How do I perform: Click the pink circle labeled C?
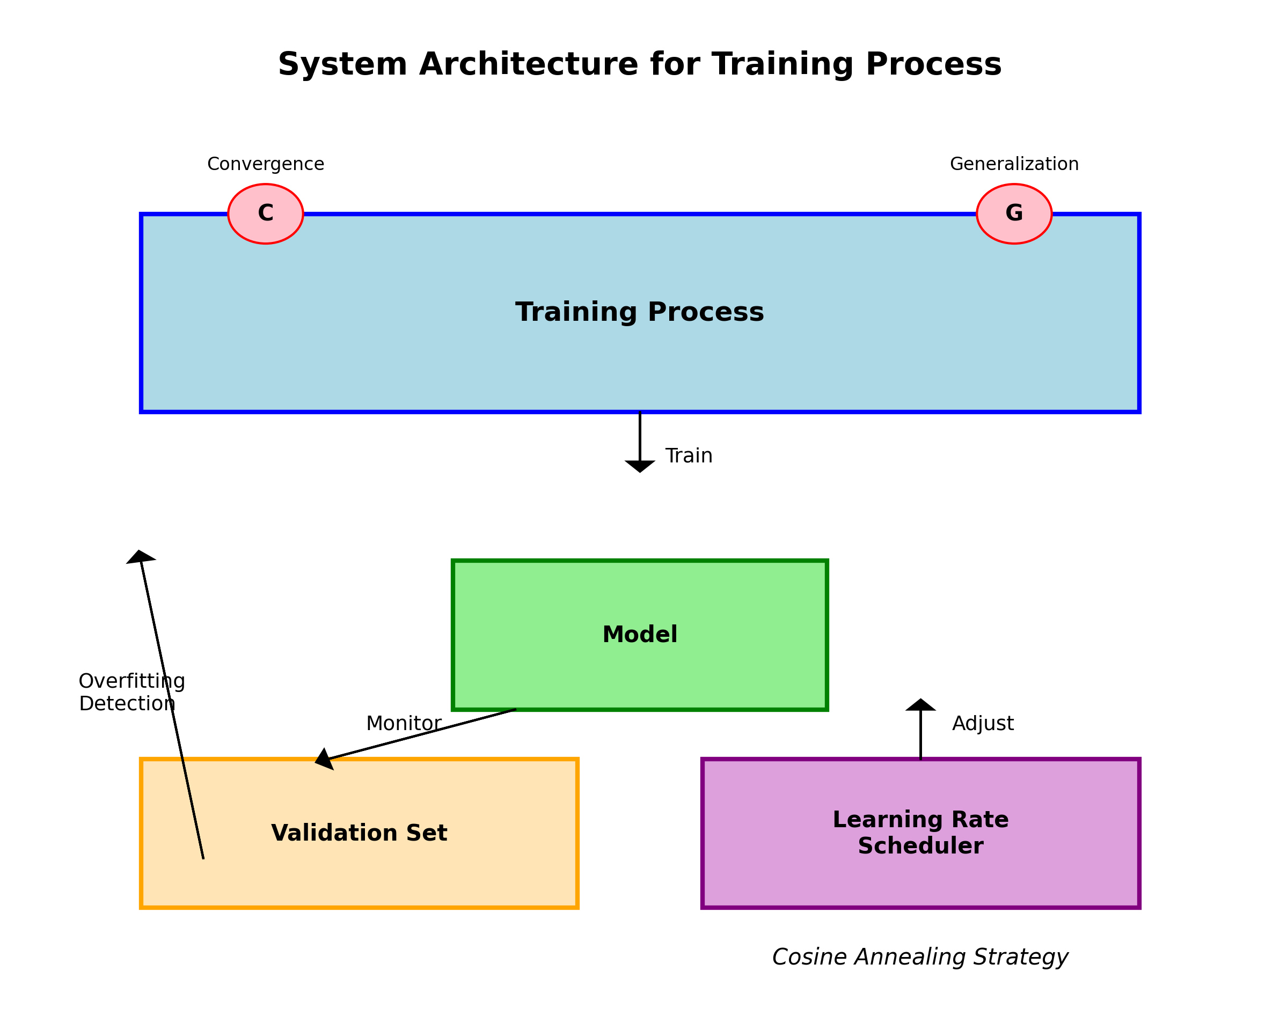[x=265, y=214]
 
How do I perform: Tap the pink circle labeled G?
[x=1014, y=214]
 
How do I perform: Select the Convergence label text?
[x=265, y=164]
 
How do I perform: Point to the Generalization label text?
[x=1014, y=164]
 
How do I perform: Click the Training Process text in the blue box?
[x=639, y=312]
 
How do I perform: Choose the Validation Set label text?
[x=359, y=833]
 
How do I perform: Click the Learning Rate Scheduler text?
[x=920, y=833]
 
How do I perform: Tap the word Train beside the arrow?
[x=689, y=456]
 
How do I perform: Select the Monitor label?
[x=404, y=723]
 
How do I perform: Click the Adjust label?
[x=983, y=723]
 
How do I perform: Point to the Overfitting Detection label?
[x=132, y=692]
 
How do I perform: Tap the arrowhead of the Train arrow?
[x=640, y=466]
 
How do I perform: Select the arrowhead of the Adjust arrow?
[x=921, y=705]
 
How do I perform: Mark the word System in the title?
[x=342, y=64]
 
